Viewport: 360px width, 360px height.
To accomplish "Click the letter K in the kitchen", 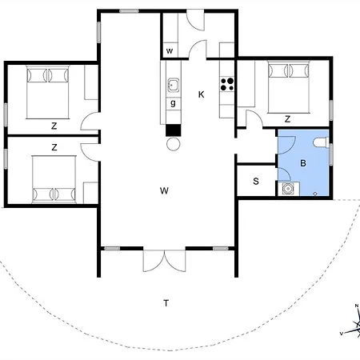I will (202, 94).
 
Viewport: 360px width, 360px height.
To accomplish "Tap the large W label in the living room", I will (164, 190).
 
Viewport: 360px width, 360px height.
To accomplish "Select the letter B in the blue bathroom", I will (303, 162).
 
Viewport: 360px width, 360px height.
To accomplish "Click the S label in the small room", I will (256, 182).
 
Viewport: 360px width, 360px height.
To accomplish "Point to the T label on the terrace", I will (166, 302).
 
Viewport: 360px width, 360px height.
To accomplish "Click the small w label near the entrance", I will (170, 52).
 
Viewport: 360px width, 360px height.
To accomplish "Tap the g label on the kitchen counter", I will (172, 102).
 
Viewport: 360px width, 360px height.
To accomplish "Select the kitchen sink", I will (172, 83).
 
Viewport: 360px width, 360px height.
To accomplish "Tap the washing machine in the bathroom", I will (289, 189).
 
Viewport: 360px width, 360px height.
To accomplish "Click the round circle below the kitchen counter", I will (171, 144).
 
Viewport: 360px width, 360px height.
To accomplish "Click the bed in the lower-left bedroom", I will (54, 178).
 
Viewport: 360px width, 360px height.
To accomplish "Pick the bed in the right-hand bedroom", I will (286, 86).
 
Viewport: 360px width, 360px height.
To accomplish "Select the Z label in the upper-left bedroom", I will (54, 126).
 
